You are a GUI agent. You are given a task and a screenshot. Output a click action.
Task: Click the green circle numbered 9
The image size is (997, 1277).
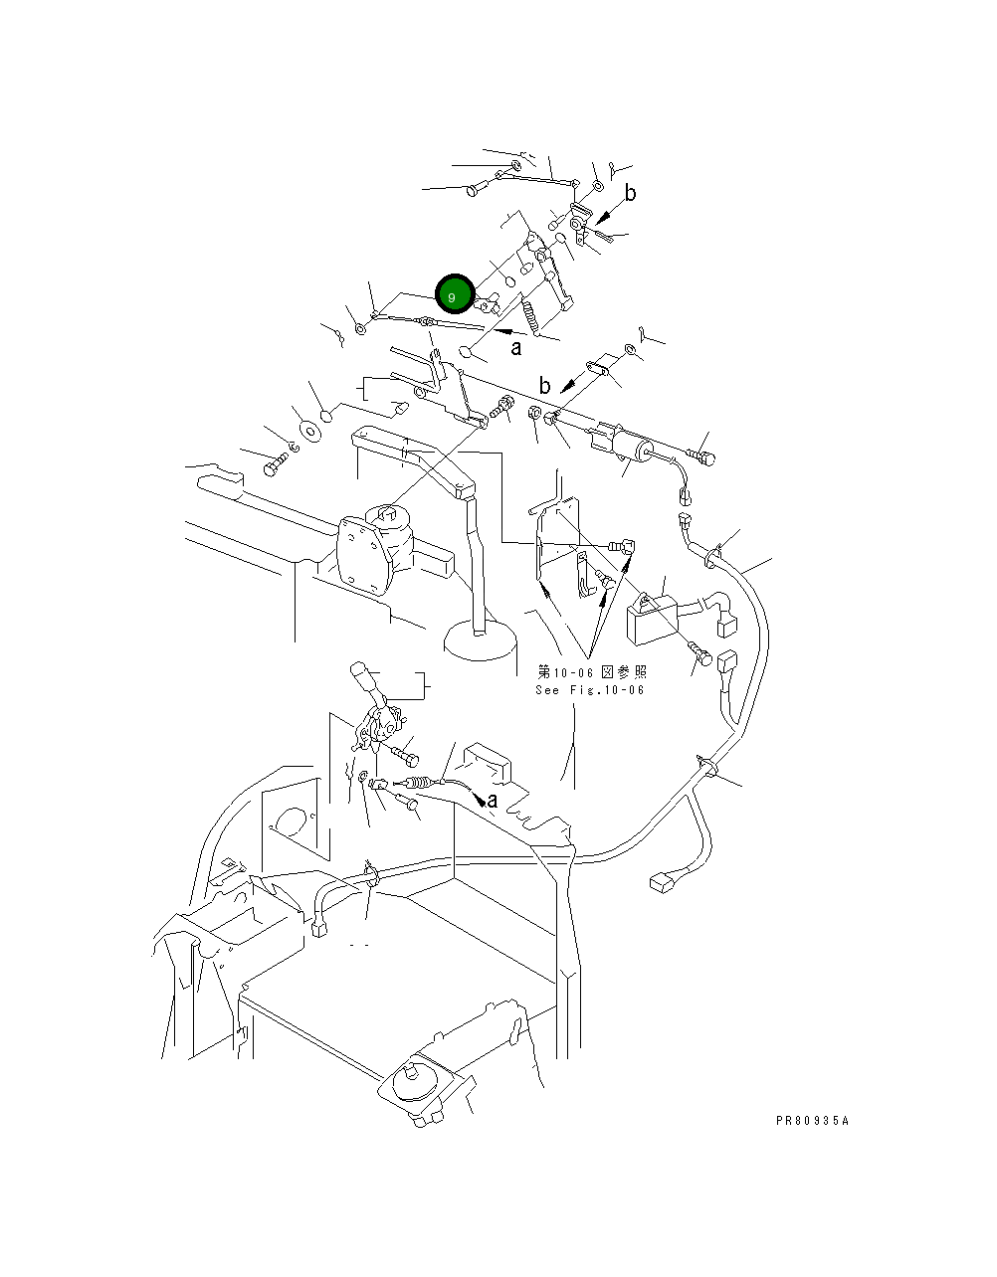[455, 293]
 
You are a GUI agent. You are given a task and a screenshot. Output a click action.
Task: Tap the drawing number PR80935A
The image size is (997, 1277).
[812, 1121]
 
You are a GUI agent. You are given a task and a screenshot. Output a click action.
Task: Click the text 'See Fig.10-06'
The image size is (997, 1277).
[590, 690]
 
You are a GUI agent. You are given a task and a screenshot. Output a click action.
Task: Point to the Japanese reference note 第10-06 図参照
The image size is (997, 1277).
[592, 671]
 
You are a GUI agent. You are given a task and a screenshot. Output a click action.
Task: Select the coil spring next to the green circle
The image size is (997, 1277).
[530, 317]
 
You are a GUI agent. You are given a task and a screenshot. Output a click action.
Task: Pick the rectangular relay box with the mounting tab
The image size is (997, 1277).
[653, 618]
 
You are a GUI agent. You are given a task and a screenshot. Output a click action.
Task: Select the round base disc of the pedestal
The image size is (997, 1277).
[481, 642]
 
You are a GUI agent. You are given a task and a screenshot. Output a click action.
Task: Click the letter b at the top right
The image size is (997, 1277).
[630, 193]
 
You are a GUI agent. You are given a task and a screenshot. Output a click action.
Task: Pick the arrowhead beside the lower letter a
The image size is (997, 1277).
[480, 800]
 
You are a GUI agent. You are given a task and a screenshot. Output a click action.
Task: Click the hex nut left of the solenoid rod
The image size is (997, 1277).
[534, 413]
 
